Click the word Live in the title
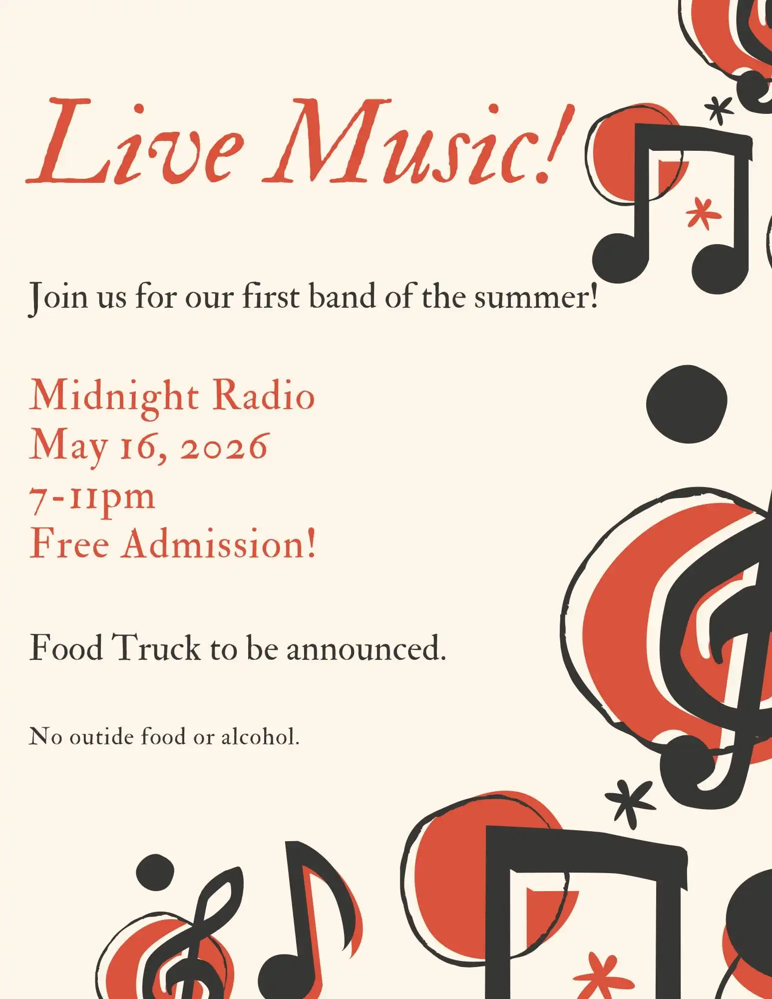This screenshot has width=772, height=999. pos(135,142)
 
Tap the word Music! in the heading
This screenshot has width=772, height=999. pos(417,142)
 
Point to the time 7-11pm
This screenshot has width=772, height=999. pos(92,497)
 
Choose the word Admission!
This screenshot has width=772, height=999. pos(220,544)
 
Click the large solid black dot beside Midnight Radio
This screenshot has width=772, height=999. pos(687,404)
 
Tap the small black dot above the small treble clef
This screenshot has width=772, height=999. pos(155,873)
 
